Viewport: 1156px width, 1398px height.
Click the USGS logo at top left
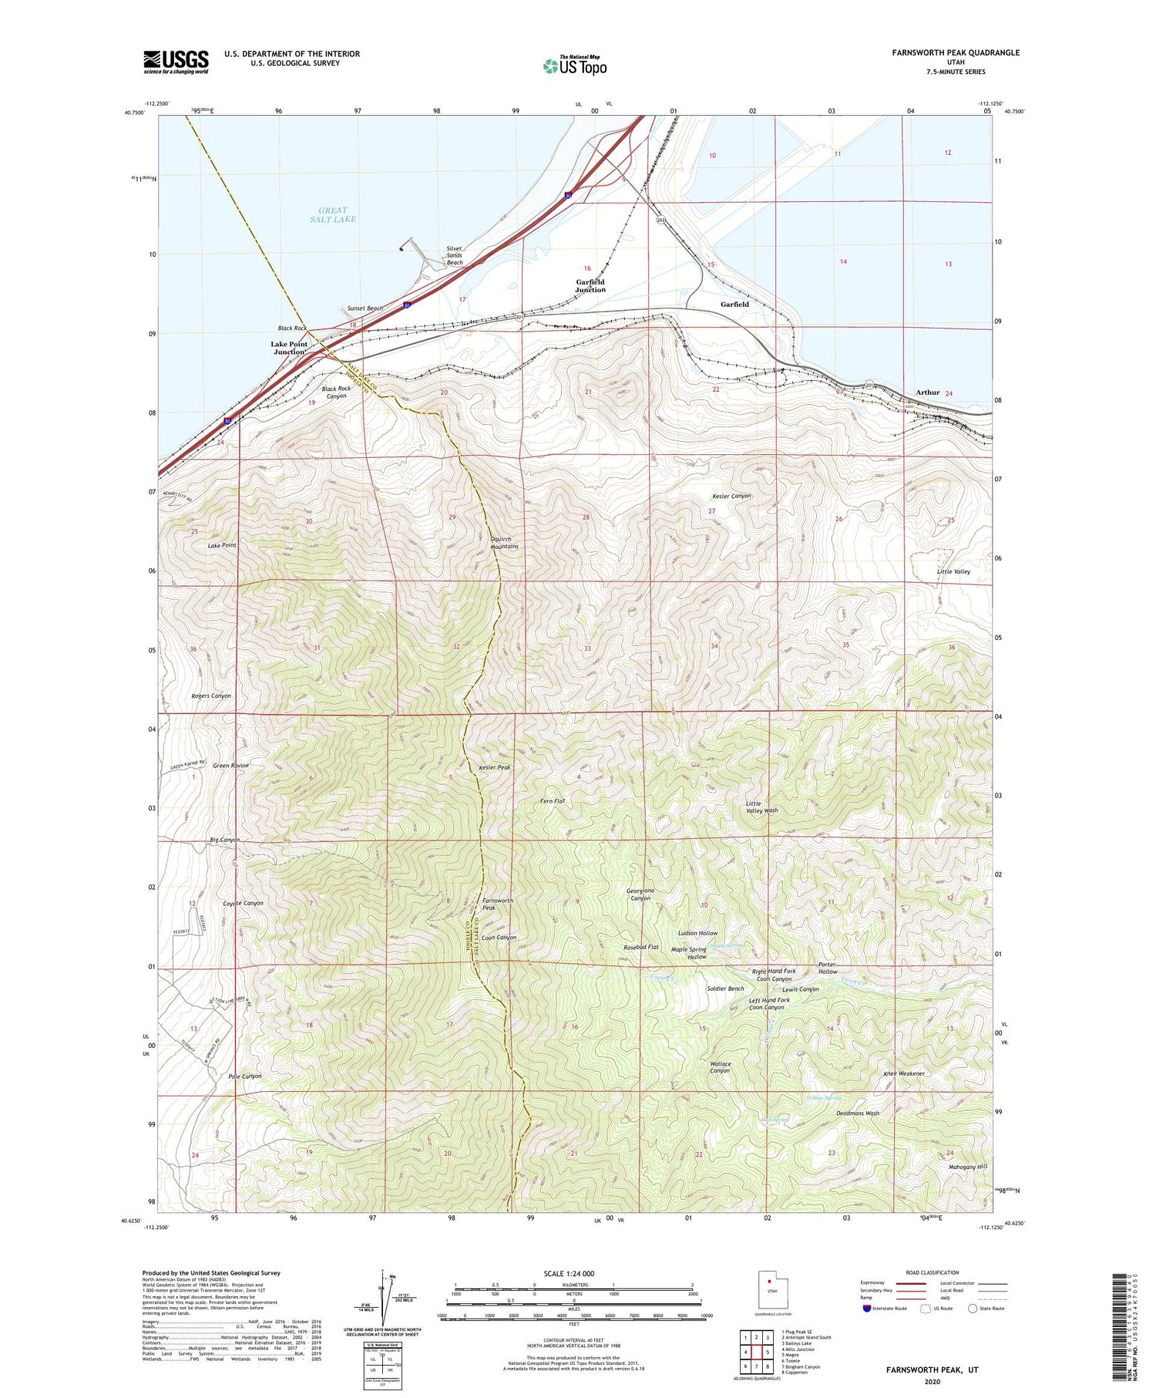176,62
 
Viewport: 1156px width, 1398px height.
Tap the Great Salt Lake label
333,214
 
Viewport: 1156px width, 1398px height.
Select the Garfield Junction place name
590,286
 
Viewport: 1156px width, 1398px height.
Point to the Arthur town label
927,392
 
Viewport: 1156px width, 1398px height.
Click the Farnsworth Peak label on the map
497,904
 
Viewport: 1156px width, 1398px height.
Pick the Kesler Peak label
494,768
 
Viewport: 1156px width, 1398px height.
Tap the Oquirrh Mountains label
504,543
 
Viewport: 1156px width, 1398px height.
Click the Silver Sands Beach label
455,256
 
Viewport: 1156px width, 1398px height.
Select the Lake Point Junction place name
289,348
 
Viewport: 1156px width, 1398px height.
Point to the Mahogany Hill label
967,1167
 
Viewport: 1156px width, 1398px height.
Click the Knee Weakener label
903,1073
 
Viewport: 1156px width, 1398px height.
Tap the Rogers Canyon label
210,696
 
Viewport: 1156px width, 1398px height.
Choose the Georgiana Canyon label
640,894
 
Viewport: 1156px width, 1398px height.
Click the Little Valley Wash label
761,807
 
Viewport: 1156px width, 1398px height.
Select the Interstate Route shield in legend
868,1309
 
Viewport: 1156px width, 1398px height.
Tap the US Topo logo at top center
574,66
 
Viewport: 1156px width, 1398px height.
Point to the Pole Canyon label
245,1076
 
